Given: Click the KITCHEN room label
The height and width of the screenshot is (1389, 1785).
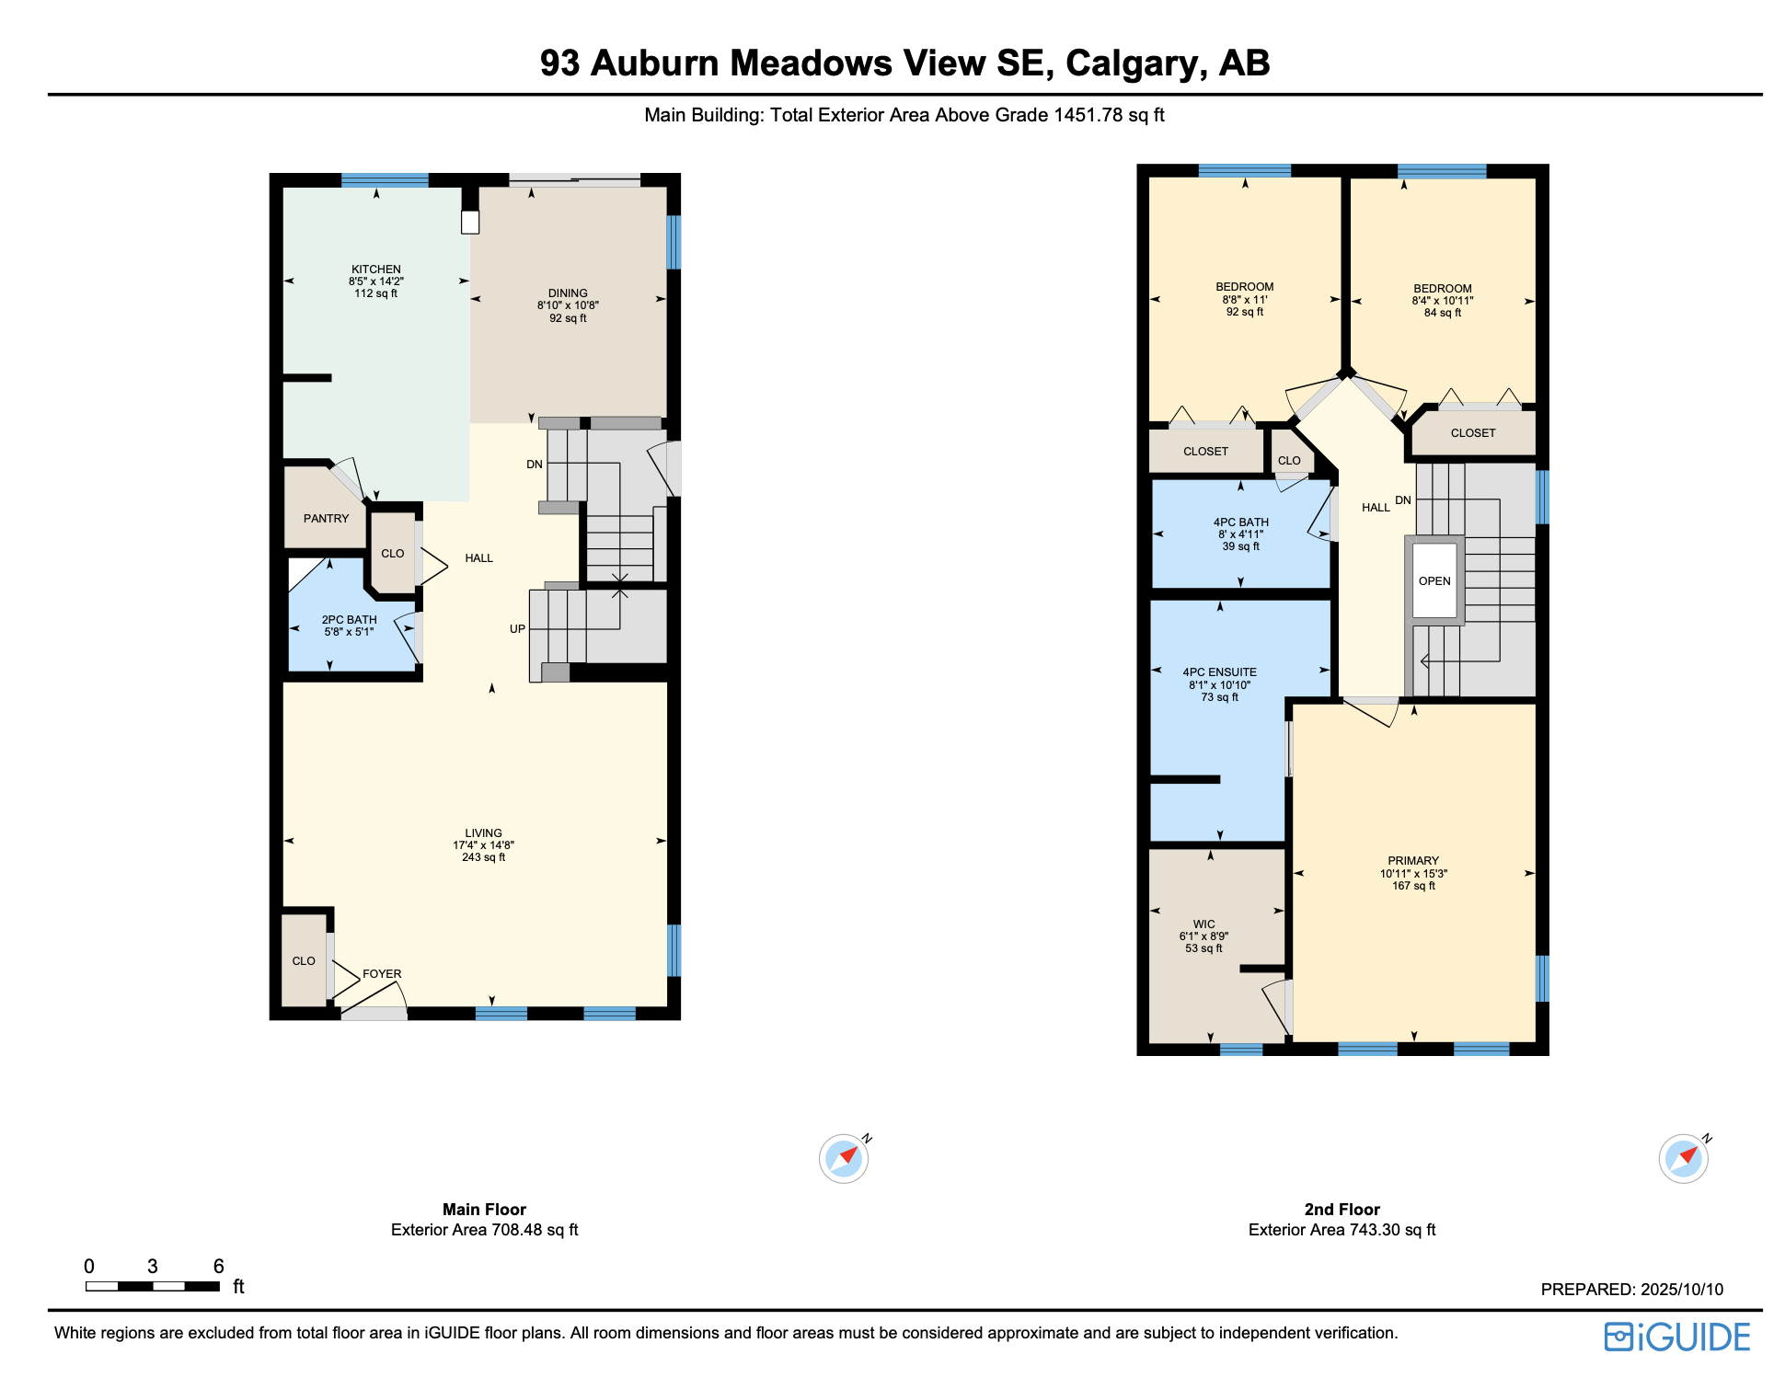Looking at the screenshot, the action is click(376, 270).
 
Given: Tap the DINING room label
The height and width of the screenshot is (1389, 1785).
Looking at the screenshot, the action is click(568, 293).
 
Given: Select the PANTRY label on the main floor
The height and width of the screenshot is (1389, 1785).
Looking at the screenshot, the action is click(327, 519).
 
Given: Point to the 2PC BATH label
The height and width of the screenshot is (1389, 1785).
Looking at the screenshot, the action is click(350, 620).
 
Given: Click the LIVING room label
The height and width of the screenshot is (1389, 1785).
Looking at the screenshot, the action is click(484, 833).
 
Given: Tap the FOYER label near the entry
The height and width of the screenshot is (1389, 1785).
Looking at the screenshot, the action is click(382, 974).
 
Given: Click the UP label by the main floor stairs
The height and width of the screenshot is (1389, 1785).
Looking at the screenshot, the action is click(518, 629).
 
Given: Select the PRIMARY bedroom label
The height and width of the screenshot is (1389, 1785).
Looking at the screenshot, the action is click(1413, 861).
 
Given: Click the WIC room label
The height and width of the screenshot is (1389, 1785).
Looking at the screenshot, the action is click(1204, 924).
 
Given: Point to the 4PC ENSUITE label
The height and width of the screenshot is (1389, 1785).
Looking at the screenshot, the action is click(1220, 672).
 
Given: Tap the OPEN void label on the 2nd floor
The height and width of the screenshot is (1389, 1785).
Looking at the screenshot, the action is click(1434, 581).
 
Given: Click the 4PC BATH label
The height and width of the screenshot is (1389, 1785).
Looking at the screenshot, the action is click(1241, 522).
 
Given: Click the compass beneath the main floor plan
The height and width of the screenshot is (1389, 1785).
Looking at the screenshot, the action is click(845, 1158).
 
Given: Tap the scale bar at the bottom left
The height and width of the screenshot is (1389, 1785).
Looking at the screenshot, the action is click(153, 1286).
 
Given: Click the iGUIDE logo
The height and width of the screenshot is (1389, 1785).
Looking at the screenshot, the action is click(1677, 1337).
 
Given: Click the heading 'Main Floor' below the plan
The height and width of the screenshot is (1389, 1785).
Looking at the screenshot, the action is click(484, 1210).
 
